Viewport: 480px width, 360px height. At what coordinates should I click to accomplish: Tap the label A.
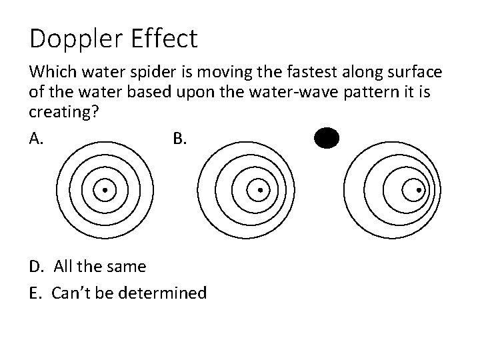pos(37,139)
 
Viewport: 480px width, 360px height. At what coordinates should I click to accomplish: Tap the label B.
pos(180,139)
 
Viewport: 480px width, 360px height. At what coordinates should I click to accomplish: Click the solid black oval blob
pos(327,139)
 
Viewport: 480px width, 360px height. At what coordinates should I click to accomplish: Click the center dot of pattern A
pos(105,190)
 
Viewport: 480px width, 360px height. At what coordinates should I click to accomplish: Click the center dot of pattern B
pos(259,190)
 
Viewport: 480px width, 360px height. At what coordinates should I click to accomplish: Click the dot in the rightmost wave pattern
pos(419,190)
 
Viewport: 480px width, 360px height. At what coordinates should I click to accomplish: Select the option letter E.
pos(35,293)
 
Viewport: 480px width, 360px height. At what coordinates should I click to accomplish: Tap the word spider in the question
pos(147,71)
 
